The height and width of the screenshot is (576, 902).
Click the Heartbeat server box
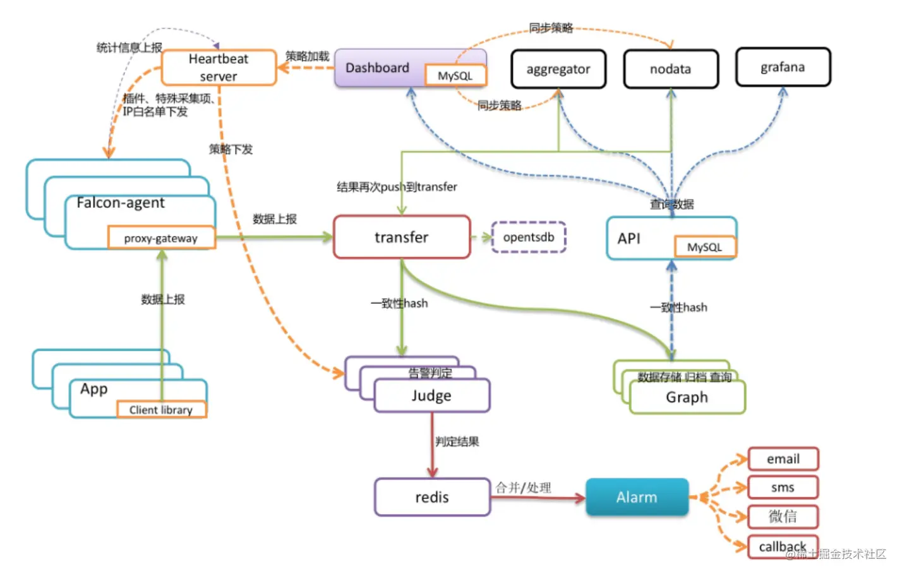[x=219, y=68]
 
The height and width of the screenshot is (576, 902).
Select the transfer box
[x=402, y=237]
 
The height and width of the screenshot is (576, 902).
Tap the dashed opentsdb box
[x=529, y=237]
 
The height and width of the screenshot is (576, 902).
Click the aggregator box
[x=558, y=69]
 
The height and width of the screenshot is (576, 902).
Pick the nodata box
[x=671, y=69]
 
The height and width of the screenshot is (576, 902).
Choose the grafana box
[x=783, y=67]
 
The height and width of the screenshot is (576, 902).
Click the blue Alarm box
[x=637, y=497]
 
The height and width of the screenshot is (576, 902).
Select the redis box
[x=432, y=497]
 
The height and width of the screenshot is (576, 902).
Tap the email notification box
[x=783, y=459]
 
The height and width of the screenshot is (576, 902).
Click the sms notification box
[x=783, y=488]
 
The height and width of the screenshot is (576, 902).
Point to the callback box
[x=783, y=546]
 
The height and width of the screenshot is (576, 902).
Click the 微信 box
[x=783, y=517]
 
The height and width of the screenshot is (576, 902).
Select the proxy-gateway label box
[x=161, y=238]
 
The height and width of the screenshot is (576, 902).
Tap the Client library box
[x=161, y=410]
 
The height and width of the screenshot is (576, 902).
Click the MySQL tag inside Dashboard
[x=455, y=76]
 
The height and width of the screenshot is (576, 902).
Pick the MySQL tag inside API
[x=704, y=247]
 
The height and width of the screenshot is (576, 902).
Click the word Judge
[x=431, y=396]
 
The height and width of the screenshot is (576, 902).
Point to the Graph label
[x=687, y=397]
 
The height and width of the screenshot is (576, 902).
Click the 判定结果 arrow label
[x=457, y=441]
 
